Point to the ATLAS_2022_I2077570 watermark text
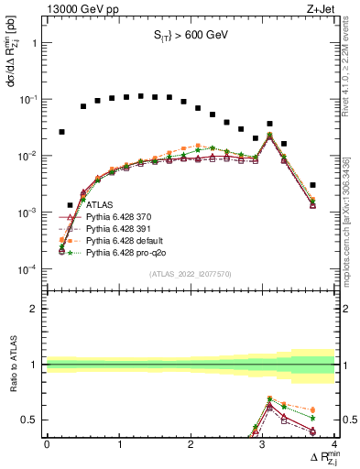click(x=191, y=275)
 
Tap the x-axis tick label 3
click(x=263, y=444)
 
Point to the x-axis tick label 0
click(x=47, y=444)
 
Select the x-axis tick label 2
click(x=191, y=444)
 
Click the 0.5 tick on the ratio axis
click(x=32, y=420)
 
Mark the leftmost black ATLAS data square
click(x=61, y=132)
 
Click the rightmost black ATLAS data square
click(x=313, y=185)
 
